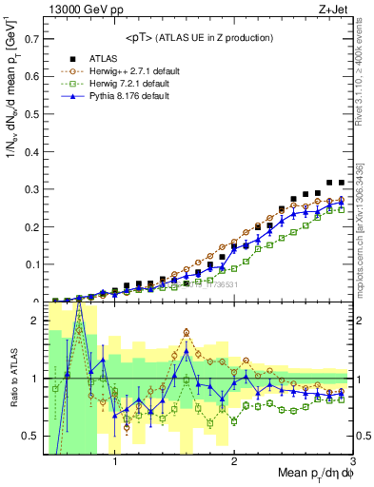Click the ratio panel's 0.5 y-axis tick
click(x=31, y=436)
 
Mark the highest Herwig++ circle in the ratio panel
click(x=186, y=333)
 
